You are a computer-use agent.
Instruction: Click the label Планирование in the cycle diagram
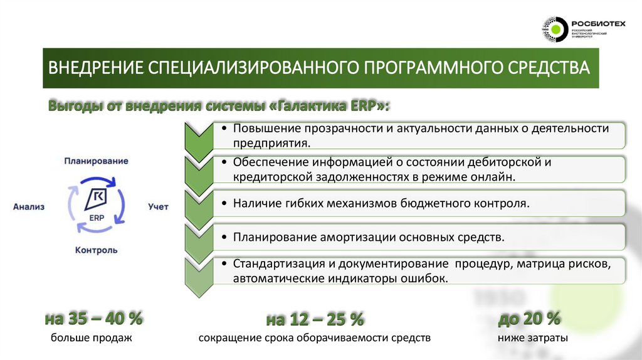click(96, 161)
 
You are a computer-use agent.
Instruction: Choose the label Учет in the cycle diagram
click(158, 206)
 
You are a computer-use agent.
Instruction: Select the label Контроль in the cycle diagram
click(96, 250)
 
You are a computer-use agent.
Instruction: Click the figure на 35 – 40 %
click(93, 319)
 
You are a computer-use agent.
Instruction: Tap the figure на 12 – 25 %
click(315, 319)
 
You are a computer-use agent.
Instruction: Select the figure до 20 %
click(529, 319)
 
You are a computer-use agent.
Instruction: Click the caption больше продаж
click(92, 339)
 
